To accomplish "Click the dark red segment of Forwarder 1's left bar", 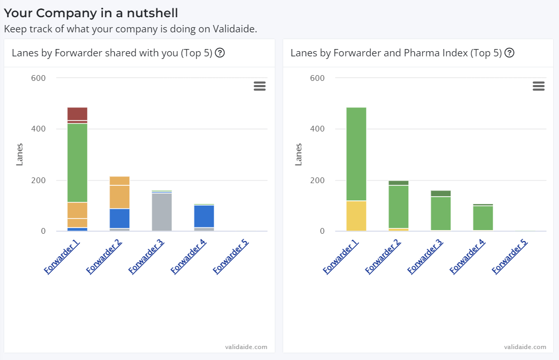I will pos(77,113).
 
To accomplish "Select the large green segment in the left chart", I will pos(77,162).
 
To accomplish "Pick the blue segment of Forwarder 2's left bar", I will pos(119,218).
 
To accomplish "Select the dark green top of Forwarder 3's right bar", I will pos(441,194).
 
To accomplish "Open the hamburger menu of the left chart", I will pos(260,86).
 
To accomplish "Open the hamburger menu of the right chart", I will pos(539,86).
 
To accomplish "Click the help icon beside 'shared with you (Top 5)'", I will pos(220,53).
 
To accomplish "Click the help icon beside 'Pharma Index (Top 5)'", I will pos(509,53).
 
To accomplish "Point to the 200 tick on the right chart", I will pos(318,181).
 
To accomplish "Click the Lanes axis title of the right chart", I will pos(298,154).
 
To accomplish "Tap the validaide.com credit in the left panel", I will pos(246,346).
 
